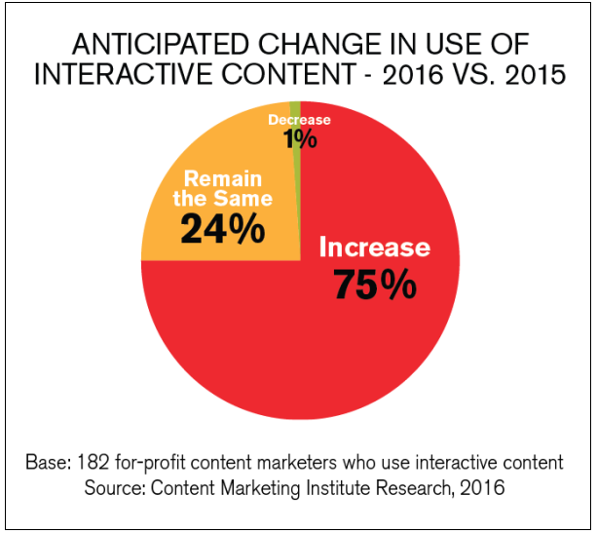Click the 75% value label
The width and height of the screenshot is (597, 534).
click(x=375, y=284)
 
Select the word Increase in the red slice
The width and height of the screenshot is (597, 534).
click(x=374, y=247)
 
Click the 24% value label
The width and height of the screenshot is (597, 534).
click(x=222, y=230)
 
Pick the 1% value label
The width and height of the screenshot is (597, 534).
click(x=301, y=139)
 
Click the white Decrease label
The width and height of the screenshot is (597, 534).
click(x=299, y=120)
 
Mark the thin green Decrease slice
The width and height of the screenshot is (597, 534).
click(x=295, y=107)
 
